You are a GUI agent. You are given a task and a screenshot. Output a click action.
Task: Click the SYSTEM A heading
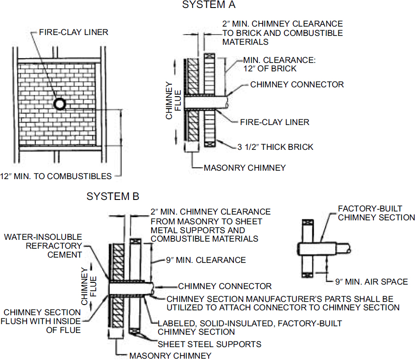(x=209, y=5)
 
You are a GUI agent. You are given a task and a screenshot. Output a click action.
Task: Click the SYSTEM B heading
(x=113, y=196)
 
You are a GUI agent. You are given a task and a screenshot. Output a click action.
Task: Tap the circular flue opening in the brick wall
(x=59, y=104)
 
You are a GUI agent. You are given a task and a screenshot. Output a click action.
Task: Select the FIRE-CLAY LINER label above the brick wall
(x=74, y=32)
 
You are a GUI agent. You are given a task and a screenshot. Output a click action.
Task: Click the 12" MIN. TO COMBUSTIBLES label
(x=56, y=176)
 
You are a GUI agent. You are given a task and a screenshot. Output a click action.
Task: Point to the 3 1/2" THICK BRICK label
(x=275, y=147)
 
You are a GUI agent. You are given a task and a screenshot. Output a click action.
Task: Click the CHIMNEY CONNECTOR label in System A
(x=297, y=84)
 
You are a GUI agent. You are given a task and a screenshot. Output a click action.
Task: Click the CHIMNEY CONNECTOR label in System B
(x=225, y=286)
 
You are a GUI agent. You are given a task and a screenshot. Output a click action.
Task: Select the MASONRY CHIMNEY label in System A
(x=244, y=168)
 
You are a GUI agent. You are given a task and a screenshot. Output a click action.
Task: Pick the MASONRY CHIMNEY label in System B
(x=171, y=355)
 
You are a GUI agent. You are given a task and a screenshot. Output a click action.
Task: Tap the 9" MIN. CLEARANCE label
(x=206, y=260)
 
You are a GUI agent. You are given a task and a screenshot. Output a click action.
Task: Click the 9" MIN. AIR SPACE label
(x=371, y=282)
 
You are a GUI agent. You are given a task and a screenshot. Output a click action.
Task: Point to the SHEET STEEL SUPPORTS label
(x=209, y=344)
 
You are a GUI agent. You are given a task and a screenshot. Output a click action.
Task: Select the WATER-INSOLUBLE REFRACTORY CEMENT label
(x=43, y=246)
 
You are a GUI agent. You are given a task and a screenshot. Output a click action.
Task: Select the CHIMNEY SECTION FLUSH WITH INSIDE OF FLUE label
(x=43, y=321)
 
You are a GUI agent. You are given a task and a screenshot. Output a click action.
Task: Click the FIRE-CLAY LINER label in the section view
(x=275, y=122)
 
